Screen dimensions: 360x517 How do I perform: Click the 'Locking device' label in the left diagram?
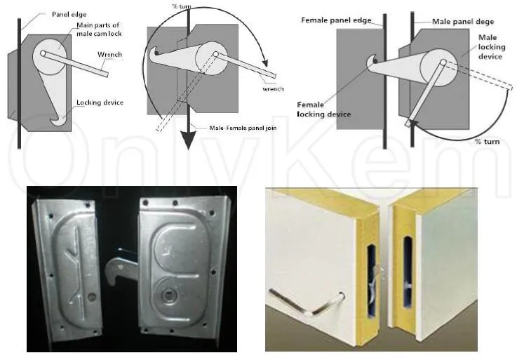click(x=100, y=103)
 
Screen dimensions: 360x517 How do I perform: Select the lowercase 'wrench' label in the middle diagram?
click(x=273, y=89)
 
